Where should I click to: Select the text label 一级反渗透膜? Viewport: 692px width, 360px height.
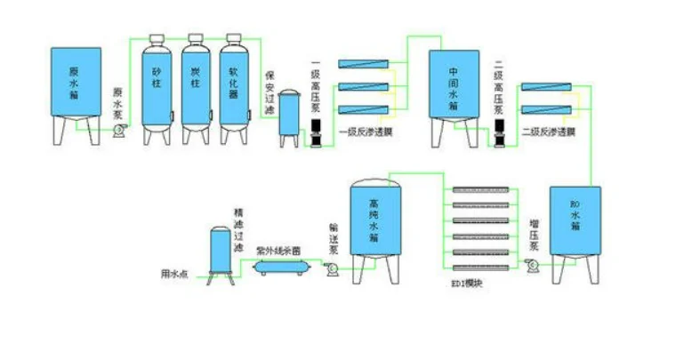(x=365, y=132)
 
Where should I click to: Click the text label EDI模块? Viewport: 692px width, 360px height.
(x=468, y=284)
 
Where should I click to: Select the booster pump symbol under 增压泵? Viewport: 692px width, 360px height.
(x=532, y=266)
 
